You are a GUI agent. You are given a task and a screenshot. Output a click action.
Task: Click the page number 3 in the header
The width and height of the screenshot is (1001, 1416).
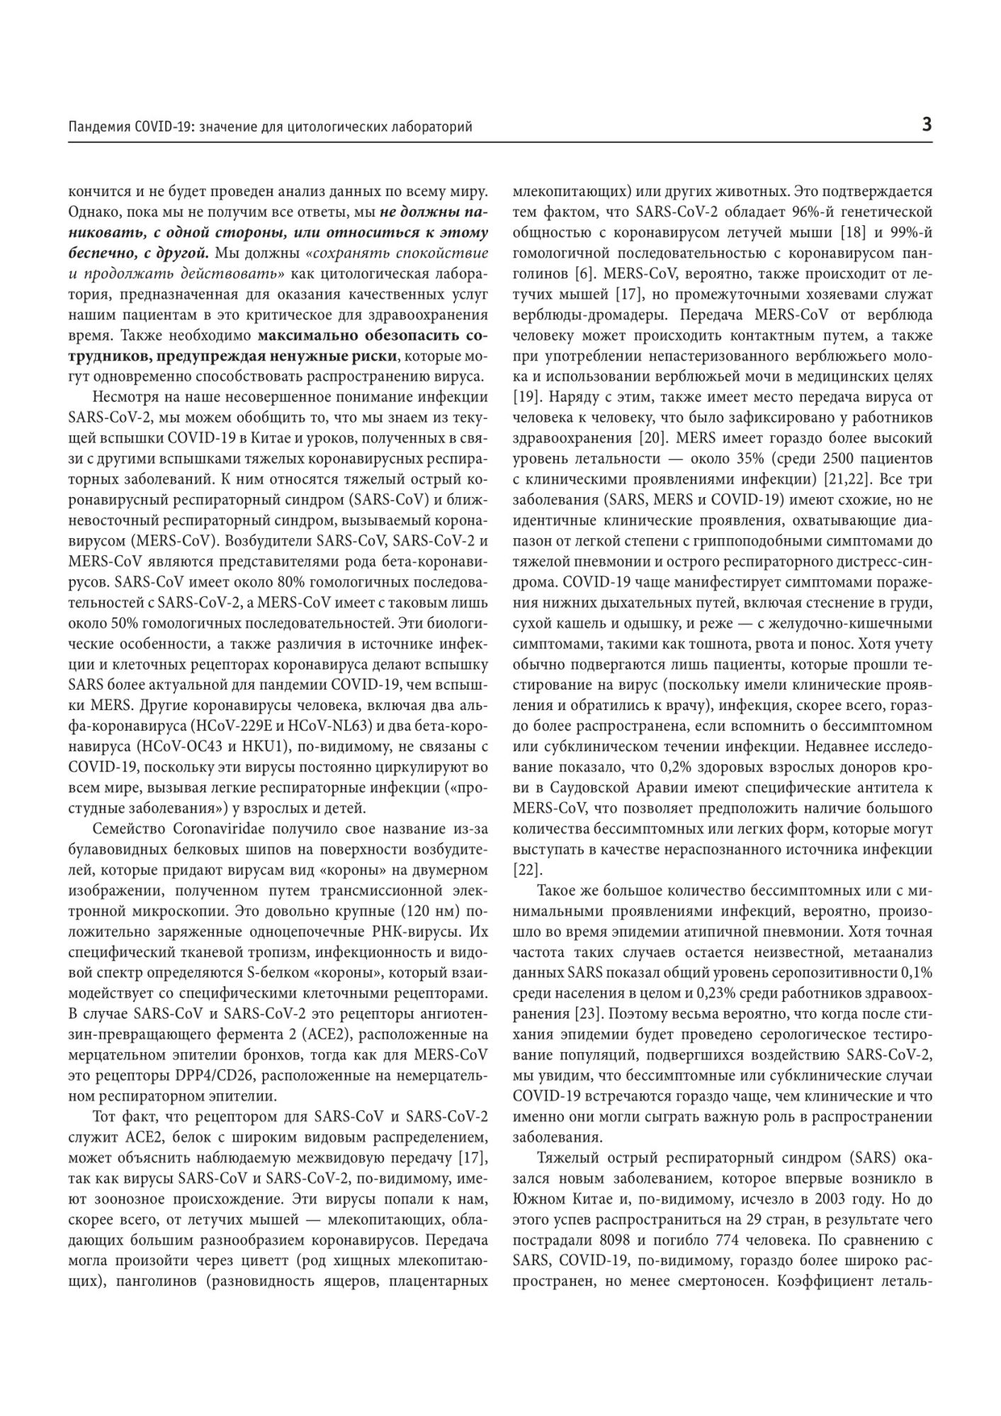point(926,125)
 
